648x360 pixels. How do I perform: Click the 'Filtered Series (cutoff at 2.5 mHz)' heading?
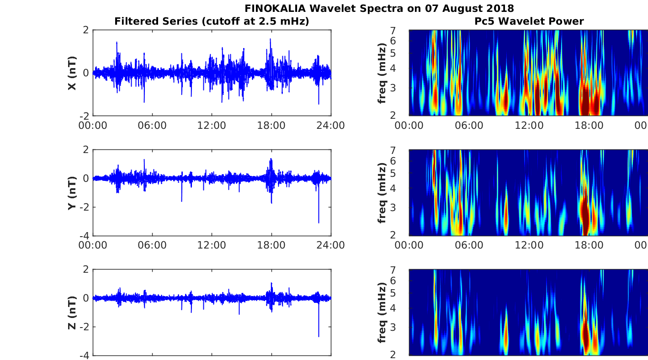point(212,21)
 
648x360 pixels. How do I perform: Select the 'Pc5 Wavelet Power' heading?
point(529,21)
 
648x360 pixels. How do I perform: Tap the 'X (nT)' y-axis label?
point(72,73)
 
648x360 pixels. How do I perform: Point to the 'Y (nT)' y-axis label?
point(72,193)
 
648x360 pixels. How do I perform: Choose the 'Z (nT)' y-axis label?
point(72,312)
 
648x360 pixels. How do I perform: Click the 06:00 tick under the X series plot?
point(152,126)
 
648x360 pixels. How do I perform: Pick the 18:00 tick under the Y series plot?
point(271,245)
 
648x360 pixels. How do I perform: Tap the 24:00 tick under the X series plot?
point(331,126)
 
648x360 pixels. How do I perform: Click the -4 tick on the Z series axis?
point(85,355)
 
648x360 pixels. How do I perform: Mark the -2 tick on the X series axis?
point(85,116)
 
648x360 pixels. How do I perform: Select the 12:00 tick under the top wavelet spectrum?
point(529,126)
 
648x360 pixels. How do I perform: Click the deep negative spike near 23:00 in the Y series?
point(319,222)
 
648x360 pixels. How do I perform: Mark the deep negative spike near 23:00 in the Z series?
point(319,335)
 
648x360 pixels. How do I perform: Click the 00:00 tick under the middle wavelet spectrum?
point(409,245)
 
